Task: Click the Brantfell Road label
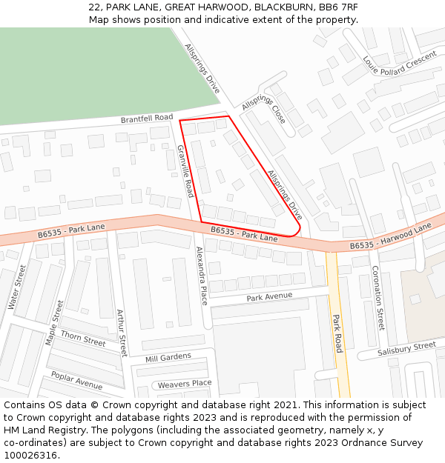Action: pyautogui.click(x=147, y=119)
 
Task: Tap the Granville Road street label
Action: pyautogui.click(x=185, y=171)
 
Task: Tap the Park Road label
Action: pyautogui.click(x=337, y=333)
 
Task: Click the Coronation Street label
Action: pyautogui.click(x=378, y=298)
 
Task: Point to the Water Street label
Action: pyautogui.click(x=16, y=287)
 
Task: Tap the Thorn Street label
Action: pyautogui.click(x=83, y=339)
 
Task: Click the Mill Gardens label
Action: pyautogui.click(x=168, y=357)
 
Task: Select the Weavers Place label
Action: pyautogui.click(x=185, y=384)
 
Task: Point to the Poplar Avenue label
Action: pyautogui.click(x=76, y=381)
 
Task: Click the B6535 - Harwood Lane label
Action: pyautogui.click(x=390, y=236)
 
